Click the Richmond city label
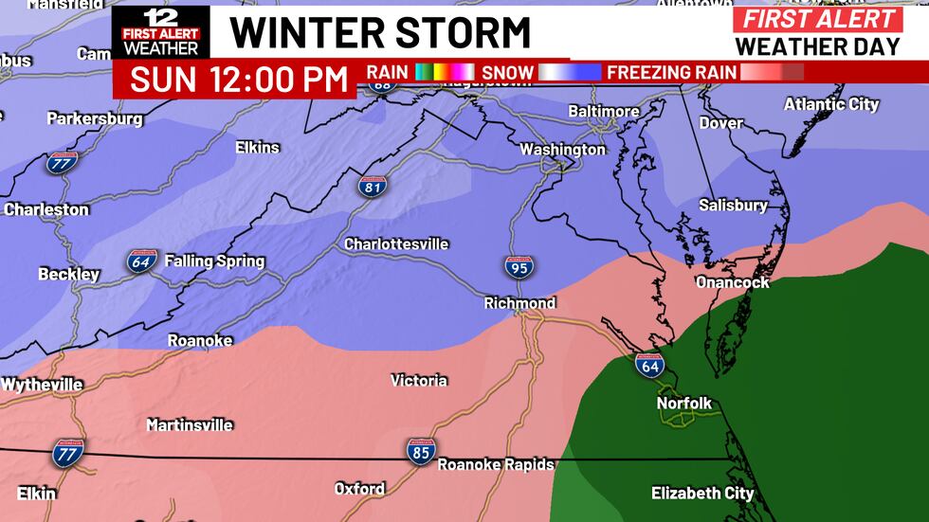click(x=519, y=303)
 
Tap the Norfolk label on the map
click(x=684, y=404)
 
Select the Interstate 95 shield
click(x=518, y=267)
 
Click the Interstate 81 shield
click(x=373, y=186)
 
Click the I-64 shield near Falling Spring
click(x=141, y=261)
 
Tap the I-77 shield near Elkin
click(x=68, y=452)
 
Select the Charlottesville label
click(x=396, y=244)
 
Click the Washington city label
click(x=562, y=150)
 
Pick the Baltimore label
click(x=603, y=112)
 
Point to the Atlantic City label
click(x=831, y=104)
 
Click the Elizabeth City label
click(x=702, y=493)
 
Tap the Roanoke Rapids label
click(x=488, y=464)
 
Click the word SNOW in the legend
click(x=507, y=72)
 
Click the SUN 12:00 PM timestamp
click(x=239, y=80)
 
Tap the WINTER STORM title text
click(x=380, y=33)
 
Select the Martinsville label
click(x=190, y=425)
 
